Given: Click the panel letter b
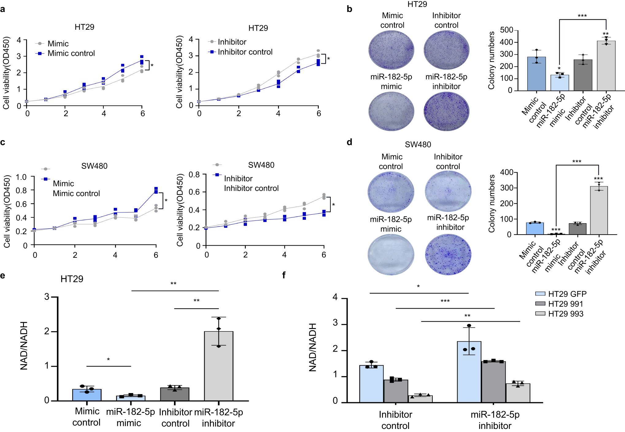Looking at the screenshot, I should point(349,9).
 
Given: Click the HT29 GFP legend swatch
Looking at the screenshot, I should point(540,294).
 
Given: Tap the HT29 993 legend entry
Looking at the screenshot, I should point(565,314).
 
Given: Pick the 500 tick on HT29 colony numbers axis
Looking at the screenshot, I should point(506,30).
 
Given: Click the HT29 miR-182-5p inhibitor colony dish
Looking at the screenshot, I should point(446,111).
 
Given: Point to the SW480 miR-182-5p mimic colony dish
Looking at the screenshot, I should point(391,254).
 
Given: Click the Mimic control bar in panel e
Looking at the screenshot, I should point(87,395).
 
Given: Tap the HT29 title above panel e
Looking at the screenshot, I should point(72,279).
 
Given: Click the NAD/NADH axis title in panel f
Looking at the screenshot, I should point(312,347).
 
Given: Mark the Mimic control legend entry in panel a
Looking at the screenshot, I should point(71,53).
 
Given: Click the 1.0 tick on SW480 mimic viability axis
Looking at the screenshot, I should point(21,177).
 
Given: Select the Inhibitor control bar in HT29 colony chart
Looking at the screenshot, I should point(583,75).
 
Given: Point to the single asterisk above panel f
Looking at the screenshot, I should point(418,287).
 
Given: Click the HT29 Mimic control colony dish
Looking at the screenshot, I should point(391,50).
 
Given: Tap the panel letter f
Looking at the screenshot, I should point(284,275).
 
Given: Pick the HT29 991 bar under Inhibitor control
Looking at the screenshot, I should point(395,391).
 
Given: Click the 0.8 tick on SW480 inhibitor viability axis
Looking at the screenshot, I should point(194,175).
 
